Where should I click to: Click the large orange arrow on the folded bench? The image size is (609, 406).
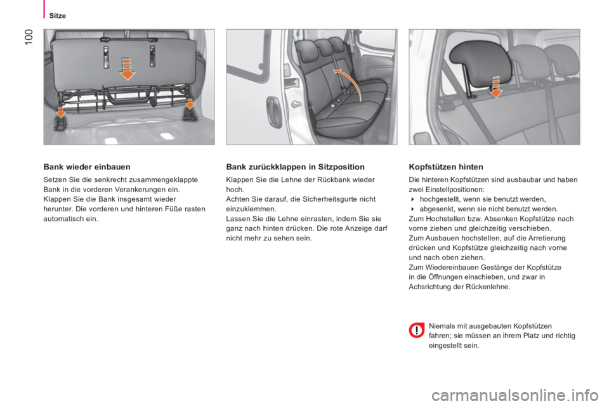[128, 69]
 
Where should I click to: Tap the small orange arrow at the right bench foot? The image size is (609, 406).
[188, 112]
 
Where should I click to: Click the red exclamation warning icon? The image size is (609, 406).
[416, 330]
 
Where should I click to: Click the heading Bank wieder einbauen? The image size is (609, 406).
[87, 167]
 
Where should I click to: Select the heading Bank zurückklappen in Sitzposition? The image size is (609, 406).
[294, 167]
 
